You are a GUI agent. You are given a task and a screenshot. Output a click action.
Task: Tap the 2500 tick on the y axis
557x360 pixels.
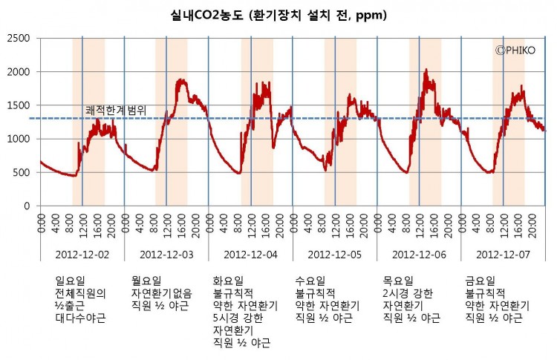(20, 38)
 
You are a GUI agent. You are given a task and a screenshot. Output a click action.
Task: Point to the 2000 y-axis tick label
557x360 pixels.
(20, 72)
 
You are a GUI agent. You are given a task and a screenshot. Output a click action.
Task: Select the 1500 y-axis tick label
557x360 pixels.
(20, 105)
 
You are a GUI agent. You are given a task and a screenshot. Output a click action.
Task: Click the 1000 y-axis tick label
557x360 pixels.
(20, 139)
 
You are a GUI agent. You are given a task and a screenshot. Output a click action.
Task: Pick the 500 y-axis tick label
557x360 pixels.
(23, 173)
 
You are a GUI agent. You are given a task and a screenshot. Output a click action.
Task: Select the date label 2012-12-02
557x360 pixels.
(82, 254)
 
